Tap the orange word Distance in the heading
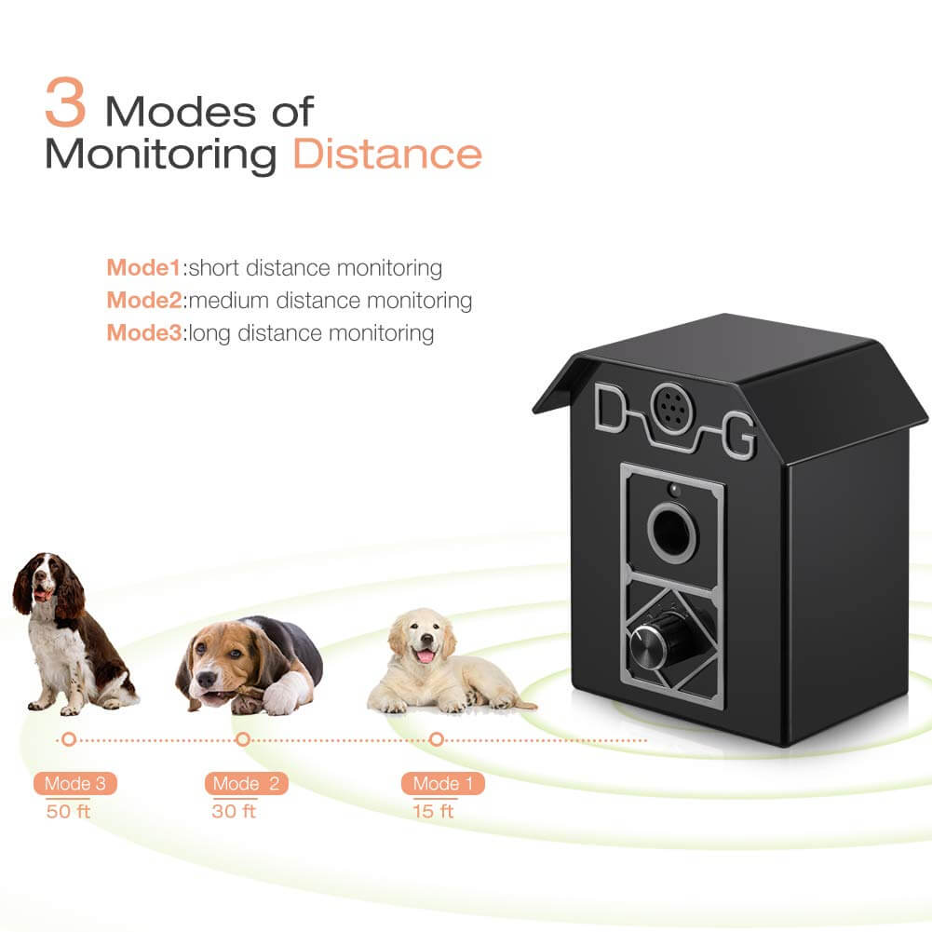click(387, 154)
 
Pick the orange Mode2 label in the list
click(144, 301)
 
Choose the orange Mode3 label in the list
click(144, 332)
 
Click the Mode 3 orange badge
click(75, 783)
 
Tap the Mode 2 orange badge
click(246, 783)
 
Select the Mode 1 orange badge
click(443, 783)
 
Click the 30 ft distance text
click(234, 810)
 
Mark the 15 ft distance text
click(433, 810)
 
